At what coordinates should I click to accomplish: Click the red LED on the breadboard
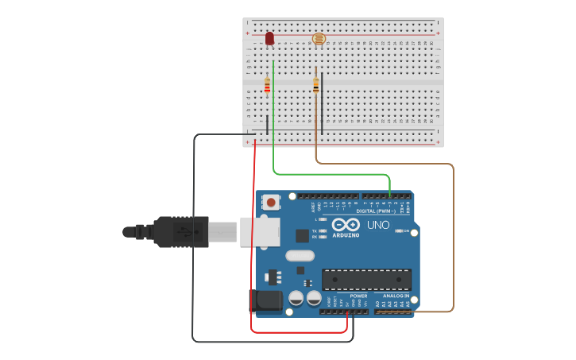pos(269,38)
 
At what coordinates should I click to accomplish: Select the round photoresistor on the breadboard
pos(319,38)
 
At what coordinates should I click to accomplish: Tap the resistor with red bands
pos(267,85)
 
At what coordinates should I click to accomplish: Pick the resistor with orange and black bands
pos(316,85)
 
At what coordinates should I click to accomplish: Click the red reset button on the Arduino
pos(272,202)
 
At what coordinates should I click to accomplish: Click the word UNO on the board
pos(378,225)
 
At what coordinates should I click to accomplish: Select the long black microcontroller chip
pos(366,279)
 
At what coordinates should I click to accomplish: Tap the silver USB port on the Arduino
pos(261,230)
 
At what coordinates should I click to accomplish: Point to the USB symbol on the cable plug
pos(185,231)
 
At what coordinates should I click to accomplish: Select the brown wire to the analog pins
pos(453,238)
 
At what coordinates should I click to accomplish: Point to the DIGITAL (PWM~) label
pos(377,211)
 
